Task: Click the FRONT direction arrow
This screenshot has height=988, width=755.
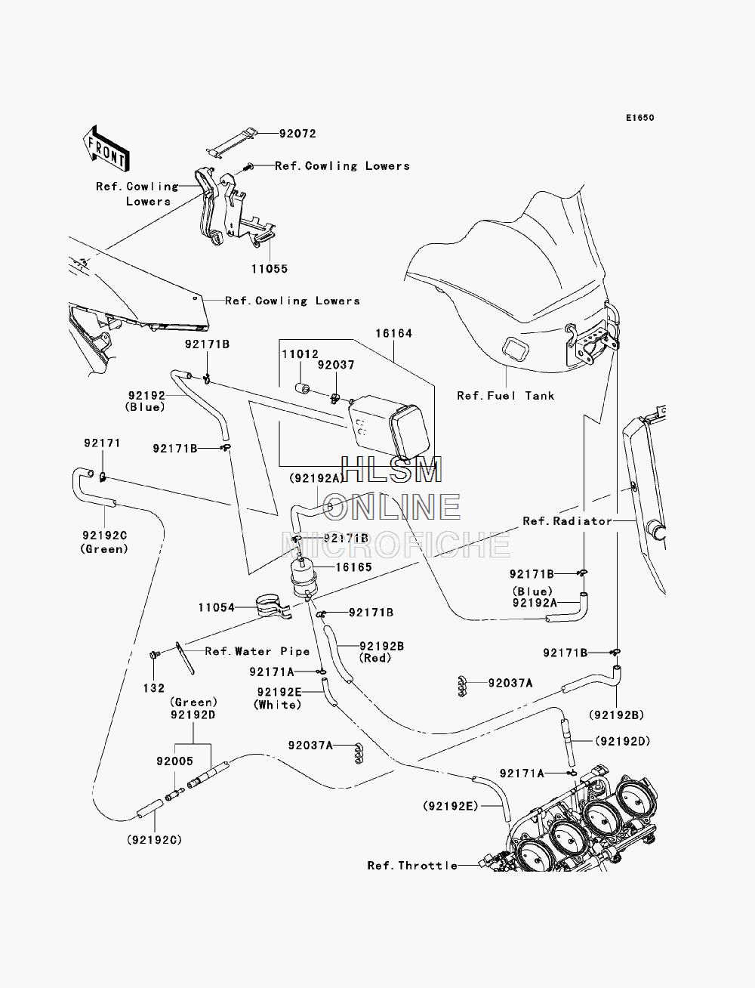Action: click(106, 150)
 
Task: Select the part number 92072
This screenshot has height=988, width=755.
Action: click(297, 134)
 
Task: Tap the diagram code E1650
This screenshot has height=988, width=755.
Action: click(639, 118)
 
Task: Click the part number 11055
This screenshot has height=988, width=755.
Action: click(269, 269)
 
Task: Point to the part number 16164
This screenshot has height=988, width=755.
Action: click(393, 334)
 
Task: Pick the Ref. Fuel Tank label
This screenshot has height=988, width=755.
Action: click(506, 396)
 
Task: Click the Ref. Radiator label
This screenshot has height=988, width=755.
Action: click(567, 520)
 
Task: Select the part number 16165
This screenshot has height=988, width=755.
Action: click(353, 567)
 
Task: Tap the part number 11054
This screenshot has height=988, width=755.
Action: click(217, 607)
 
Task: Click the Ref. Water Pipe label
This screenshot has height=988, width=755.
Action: click(257, 651)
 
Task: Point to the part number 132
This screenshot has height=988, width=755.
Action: click(154, 688)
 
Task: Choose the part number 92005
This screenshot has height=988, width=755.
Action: click(174, 761)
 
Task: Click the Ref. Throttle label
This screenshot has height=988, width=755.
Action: click(412, 866)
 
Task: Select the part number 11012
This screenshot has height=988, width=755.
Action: click(300, 354)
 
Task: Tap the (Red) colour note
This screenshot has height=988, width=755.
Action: click(375, 658)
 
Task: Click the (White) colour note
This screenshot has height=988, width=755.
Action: click(278, 705)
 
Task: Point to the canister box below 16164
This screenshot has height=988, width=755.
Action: click(389, 426)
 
